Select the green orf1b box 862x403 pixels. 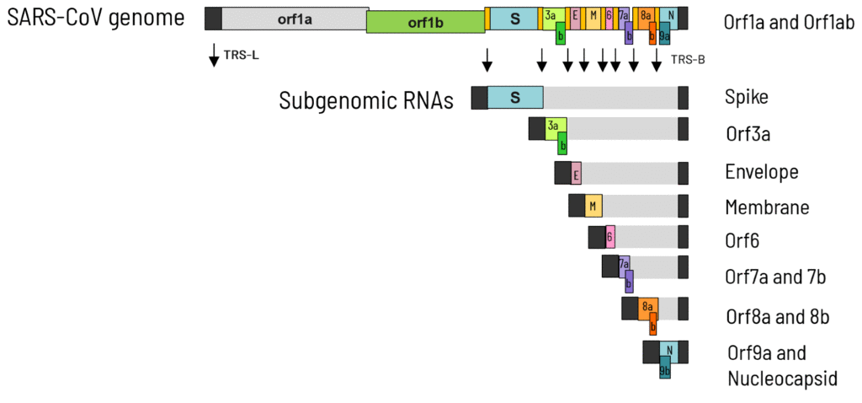[425, 23]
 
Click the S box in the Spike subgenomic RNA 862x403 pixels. [515, 98]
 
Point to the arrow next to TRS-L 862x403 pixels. [214, 56]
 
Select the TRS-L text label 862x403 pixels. [241, 56]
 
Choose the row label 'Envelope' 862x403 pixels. [761, 172]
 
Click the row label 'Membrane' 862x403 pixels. [767, 207]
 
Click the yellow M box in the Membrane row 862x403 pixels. [593, 206]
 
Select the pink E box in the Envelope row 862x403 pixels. [576, 174]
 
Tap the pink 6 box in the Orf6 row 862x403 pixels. [609, 238]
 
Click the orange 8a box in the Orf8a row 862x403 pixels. [646, 306]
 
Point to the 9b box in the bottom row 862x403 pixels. [665, 369]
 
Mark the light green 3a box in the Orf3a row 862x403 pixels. [553, 126]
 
